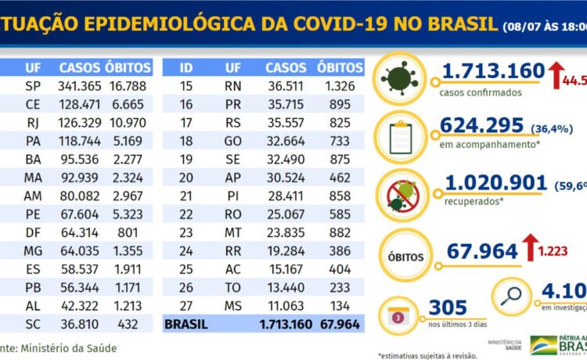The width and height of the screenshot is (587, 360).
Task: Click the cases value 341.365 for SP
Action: click(x=79, y=86)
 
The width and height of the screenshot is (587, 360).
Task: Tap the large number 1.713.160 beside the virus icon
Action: click(x=492, y=72)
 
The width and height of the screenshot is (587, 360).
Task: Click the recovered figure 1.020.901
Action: click(x=495, y=183)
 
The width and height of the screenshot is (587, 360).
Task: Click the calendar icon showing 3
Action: click(x=399, y=317)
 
